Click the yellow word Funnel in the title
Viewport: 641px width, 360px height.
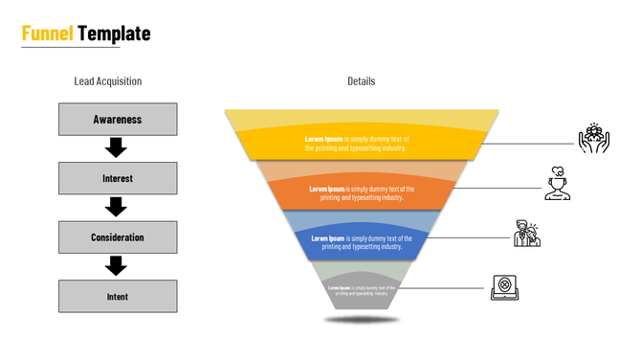(48, 34)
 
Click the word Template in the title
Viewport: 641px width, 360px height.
(114, 34)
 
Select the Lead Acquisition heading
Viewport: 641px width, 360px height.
(107, 81)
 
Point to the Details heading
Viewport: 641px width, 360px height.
(361, 81)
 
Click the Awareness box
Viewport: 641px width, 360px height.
(118, 120)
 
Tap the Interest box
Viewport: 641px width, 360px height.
(118, 178)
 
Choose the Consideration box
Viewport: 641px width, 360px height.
(118, 237)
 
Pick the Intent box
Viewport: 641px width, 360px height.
(118, 297)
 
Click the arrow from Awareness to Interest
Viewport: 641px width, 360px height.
(116, 147)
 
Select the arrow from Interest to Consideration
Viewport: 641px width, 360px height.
(116, 207)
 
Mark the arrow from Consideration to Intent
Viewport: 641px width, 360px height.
(116, 265)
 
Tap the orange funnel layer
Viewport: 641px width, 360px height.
(362, 192)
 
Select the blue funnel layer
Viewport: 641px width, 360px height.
(362, 242)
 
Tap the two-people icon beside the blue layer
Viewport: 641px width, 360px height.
(526, 233)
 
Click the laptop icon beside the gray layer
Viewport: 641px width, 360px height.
(503, 287)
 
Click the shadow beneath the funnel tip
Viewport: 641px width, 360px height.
(361, 319)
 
